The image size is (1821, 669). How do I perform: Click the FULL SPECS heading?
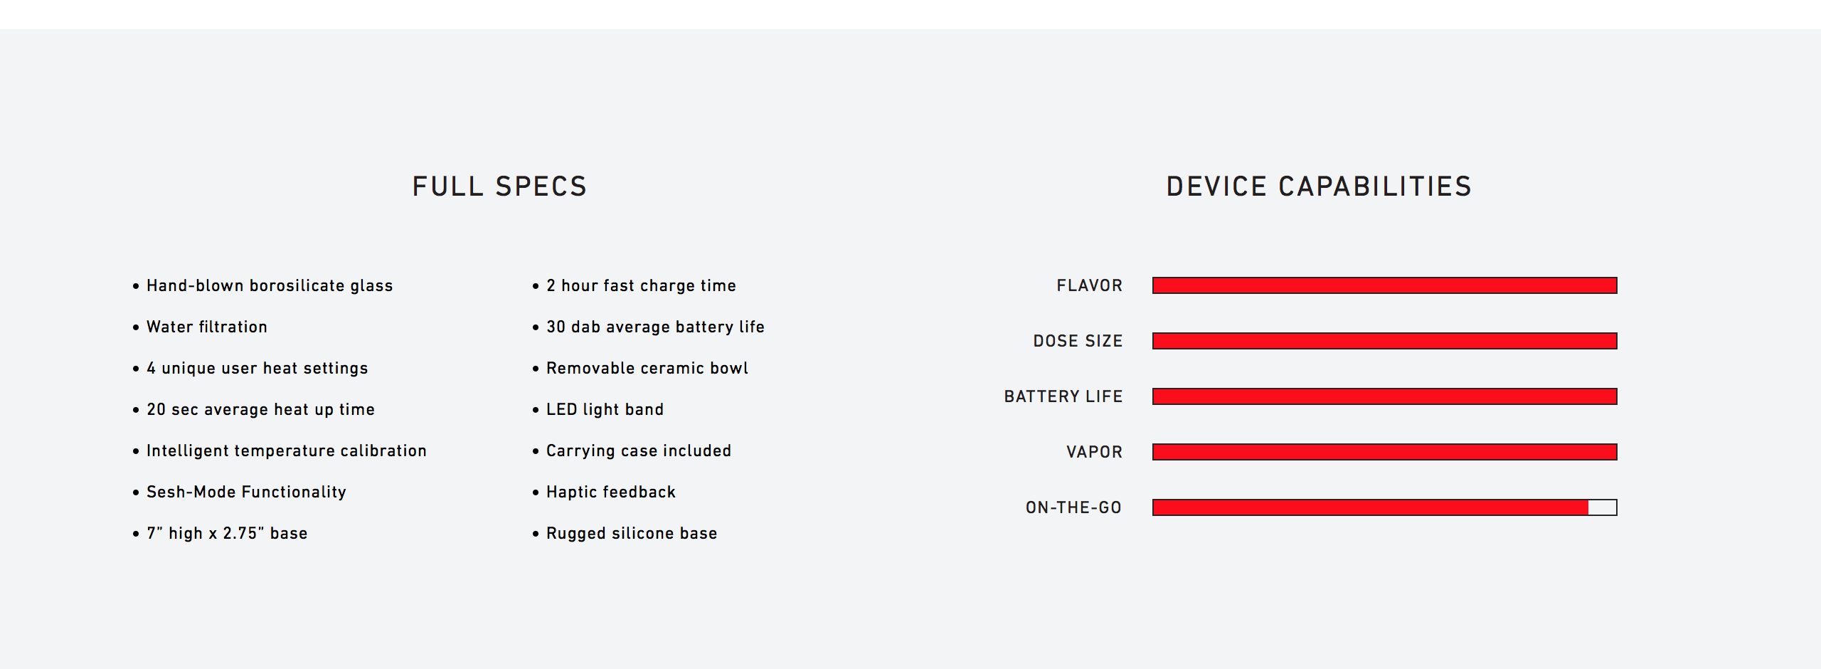point(499,186)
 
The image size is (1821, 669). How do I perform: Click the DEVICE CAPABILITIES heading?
point(1319,186)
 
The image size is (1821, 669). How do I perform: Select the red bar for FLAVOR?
point(1384,285)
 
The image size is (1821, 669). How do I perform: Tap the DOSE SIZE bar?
point(1384,341)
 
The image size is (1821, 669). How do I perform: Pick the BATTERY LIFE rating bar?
point(1384,396)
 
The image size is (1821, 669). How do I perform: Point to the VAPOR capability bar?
point(1384,452)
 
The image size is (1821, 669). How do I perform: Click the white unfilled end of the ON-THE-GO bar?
point(1603,507)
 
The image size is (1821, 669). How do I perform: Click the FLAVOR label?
point(1089,285)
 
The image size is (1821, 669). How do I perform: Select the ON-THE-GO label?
point(1073,507)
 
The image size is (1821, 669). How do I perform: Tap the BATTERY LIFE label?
point(1063,396)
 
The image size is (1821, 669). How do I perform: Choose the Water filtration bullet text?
point(207,327)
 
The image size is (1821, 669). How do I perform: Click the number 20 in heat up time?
point(156,409)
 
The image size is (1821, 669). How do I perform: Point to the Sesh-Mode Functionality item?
point(246,492)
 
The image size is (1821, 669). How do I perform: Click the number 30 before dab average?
point(556,327)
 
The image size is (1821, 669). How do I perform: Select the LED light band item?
point(605,409)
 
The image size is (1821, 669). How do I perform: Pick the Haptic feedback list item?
point(611,492)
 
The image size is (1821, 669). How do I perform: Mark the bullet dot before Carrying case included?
point(536,451)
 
